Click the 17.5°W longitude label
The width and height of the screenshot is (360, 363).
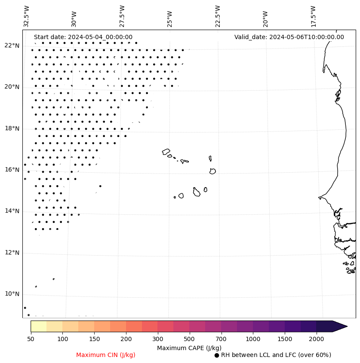click(313, 16)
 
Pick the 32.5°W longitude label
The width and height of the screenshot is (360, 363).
click(27, 16)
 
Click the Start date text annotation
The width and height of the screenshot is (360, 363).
click(83, 37)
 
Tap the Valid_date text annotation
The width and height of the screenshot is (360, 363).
click(289, 37)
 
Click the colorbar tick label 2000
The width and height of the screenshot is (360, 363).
click(316, 339)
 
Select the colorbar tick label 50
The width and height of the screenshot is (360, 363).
click(31, 339)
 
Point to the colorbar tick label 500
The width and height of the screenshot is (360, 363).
click(189, 339)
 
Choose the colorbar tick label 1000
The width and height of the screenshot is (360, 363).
click(253, 339)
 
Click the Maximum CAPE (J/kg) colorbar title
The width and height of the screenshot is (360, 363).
click(189, 348)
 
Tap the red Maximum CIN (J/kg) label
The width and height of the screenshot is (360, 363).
click(106, 355)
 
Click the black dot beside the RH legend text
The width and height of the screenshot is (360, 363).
click(217, 355)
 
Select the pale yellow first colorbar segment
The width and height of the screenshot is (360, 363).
click(38, 326)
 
